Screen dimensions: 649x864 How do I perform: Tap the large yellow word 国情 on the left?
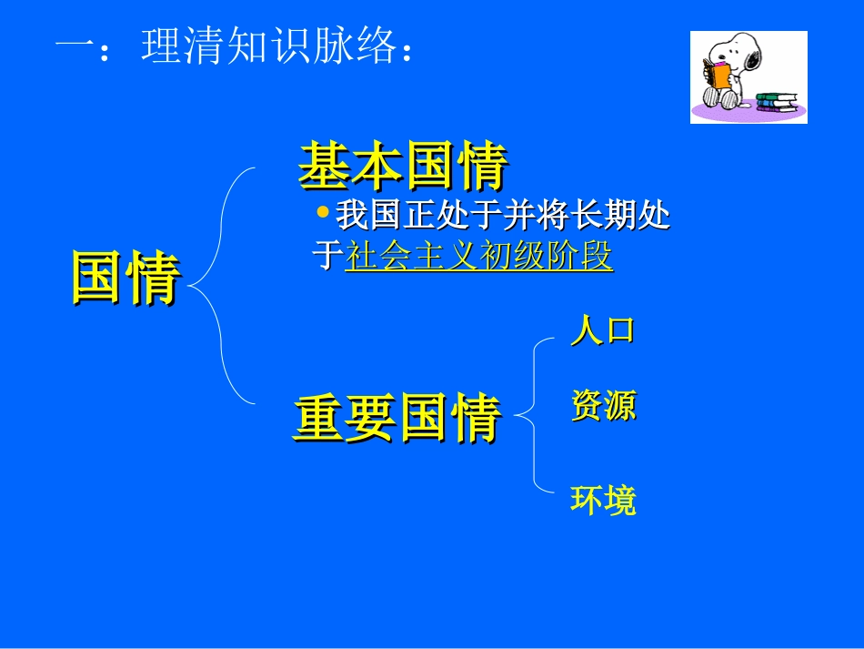pos(126,278)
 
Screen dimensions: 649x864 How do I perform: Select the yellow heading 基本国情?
pos(402,166)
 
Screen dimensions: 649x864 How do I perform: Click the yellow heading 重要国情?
pos(397,418)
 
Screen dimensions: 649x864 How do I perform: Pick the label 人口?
pos(602,330)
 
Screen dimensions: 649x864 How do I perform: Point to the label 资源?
pos(602,406)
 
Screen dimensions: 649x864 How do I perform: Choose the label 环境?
pos(602,500)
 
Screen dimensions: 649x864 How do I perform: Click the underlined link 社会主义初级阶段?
pos(478,257)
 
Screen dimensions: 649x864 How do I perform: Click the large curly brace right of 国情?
pos(218,284)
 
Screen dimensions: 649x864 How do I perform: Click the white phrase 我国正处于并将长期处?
pos(502,216)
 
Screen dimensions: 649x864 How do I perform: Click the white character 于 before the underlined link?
pos(327,257)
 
